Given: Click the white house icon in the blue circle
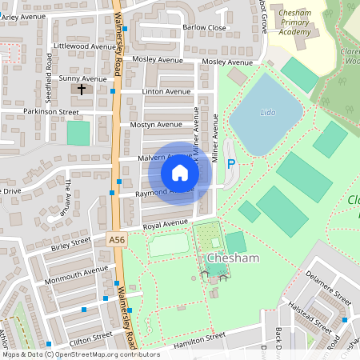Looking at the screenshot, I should (x=180, y=172).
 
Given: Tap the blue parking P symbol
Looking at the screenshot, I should (x=231, y=164).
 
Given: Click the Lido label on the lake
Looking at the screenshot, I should (x=268, y=113).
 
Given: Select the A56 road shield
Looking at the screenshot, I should (x=116, y=239).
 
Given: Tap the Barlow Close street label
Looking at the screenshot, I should (x=204, y=27).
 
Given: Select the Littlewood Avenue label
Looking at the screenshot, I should (x=84, y=46).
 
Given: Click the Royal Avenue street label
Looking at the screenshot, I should (x=165, y=226).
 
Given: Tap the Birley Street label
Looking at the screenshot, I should (x=71, y=242).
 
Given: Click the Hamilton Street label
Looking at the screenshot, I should (x=190, y=339).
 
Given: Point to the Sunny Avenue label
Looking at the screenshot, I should (x=83, y=79).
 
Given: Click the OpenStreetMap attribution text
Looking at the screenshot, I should (x=80, y=354).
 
